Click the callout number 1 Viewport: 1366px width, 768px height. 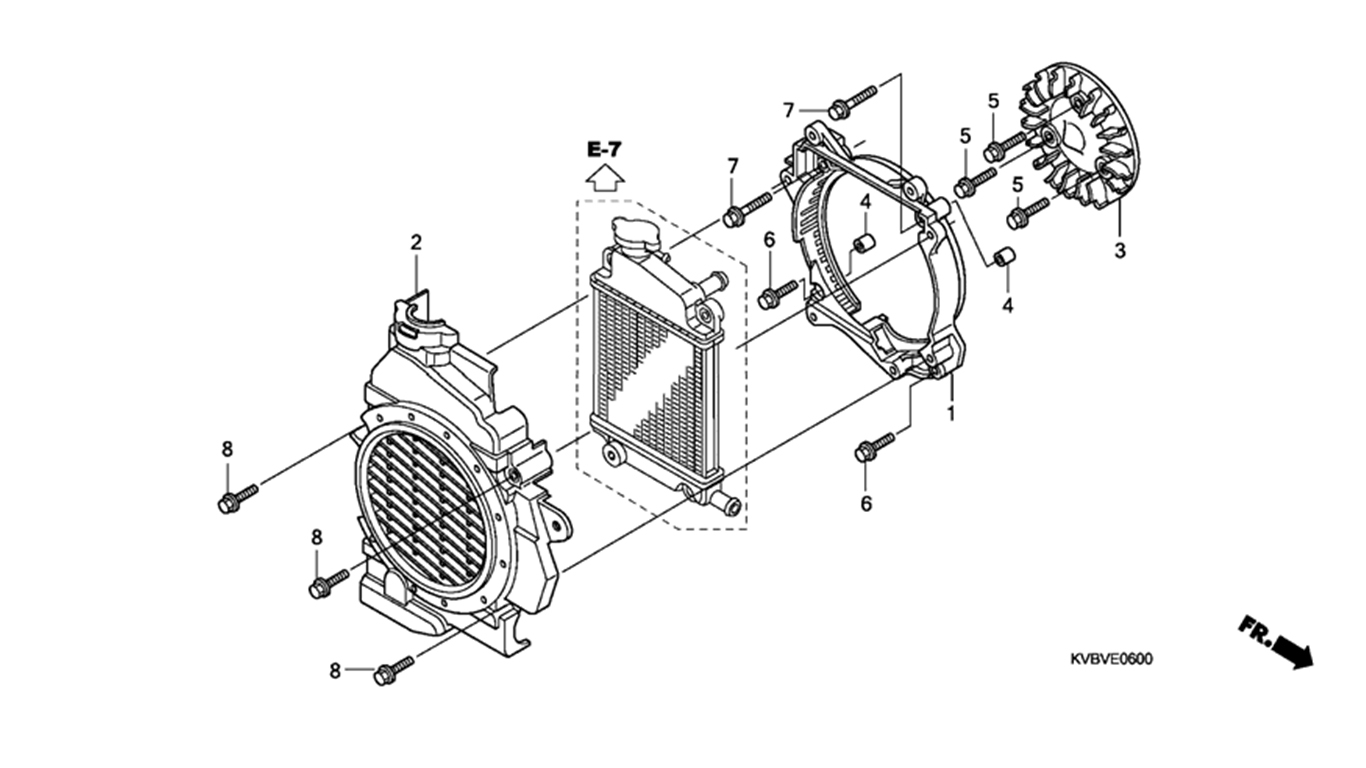point(950,413)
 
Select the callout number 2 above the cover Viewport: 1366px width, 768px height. point(416,243)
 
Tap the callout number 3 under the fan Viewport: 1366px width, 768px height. point(1120,250)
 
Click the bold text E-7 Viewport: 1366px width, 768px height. point(604,149)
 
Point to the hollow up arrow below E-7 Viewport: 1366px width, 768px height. point(605,178)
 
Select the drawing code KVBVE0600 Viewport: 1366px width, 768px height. point(1112,659)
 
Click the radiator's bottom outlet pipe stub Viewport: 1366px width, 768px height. point(726,503)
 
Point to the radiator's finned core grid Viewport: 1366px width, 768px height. point(648,383)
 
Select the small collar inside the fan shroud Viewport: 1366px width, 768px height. point(864,242)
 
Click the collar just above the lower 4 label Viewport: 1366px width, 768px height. point(1004,257)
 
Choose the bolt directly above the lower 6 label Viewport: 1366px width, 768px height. point(874,447)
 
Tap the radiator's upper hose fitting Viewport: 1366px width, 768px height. point(713,282)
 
